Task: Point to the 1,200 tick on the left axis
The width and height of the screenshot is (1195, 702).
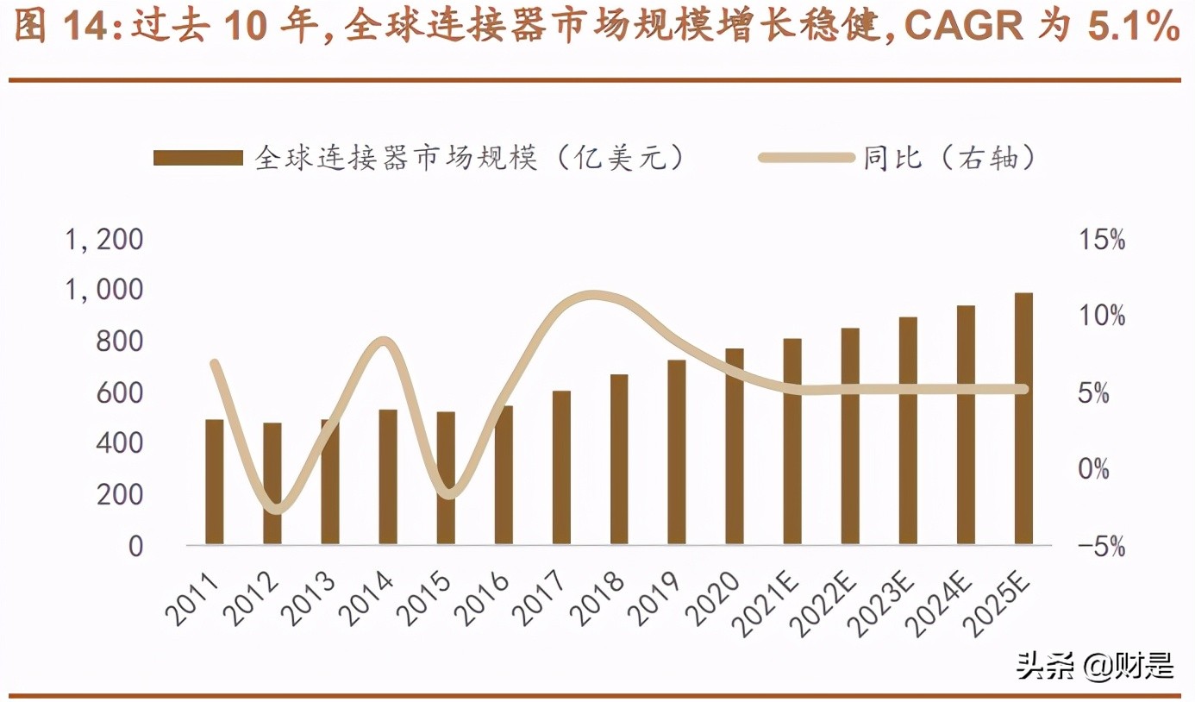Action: coord(104,240)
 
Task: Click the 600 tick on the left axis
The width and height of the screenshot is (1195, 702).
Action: coord(115,393)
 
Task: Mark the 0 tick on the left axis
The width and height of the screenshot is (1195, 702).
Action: coord(135,547)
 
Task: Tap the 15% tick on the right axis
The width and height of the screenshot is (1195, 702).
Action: coord(1102,240)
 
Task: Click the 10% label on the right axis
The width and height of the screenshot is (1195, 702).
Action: coord(1102,317)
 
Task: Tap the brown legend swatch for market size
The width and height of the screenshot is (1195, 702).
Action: coord(198,158)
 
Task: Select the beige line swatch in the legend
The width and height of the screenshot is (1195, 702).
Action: coord(805,158)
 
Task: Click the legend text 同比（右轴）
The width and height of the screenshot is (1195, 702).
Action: coord(948,158)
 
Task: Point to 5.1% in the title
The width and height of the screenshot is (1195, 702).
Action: coord(1133,28)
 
